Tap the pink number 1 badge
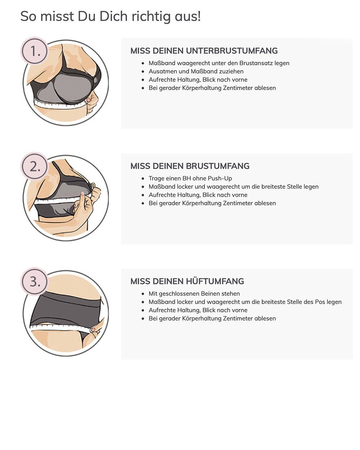tap(34, 51)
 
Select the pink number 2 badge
tap(34, 166)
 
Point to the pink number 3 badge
tap(34, 281)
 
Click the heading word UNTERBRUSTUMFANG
tap(232, 51)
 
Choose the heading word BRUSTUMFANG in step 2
tap(217, 166)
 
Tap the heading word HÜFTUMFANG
tap(215, 281)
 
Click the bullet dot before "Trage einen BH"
tap(143, 179)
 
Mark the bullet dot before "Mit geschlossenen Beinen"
tap(143, 294)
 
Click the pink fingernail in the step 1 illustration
tap(89, 100)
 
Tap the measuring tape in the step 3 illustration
tap(61, 328)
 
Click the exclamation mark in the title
tap(199, 16)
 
